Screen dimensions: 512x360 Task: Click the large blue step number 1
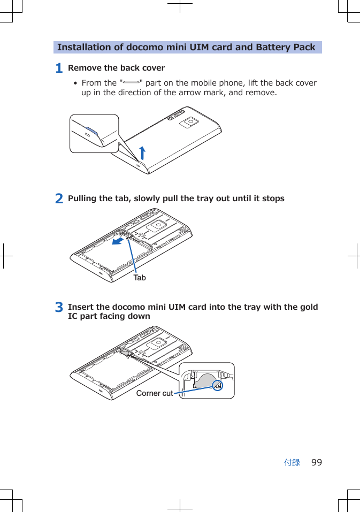point(59,68)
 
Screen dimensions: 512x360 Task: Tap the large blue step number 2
point(59,198)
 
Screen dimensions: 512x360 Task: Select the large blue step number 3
point(59,308)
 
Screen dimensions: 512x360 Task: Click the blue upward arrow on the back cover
point(142,152)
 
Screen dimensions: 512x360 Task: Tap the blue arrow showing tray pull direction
point(119,242)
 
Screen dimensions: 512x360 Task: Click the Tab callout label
point(140,278)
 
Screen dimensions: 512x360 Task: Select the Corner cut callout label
point(155,393)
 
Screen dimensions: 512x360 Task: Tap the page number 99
point(317,462)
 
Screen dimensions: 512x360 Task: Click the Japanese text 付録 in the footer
point(292,462)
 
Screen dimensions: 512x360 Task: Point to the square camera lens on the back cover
point(188,123)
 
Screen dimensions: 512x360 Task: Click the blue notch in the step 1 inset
point(91,130)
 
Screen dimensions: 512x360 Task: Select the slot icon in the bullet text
point(131,83)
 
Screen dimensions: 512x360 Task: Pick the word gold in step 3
point(309,307)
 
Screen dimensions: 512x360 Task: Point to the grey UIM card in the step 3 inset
point(204,381)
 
